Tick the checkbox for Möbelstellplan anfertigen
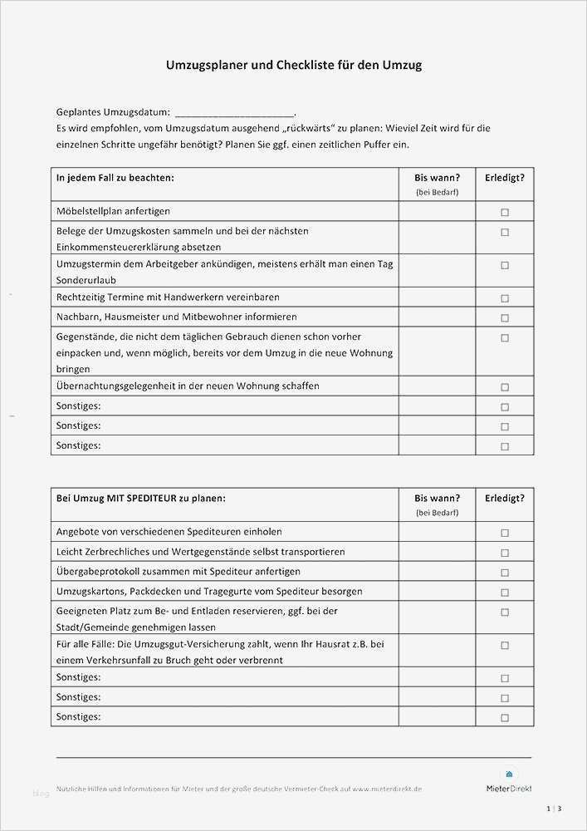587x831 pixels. tap(504, 212)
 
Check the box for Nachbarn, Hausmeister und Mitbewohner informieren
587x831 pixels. tap(504, 317)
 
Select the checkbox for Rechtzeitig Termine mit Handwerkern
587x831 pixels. tap(504, 297)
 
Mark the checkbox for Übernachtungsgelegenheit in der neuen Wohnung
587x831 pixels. tap(504, 386)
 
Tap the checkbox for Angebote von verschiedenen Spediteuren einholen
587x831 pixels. tap(504, 533)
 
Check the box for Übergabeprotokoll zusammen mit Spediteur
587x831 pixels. tap(504, 573)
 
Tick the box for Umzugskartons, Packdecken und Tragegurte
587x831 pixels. tap(504, 593)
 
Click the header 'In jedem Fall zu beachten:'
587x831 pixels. tap(115, 177)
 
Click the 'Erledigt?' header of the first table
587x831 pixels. tap(504, 177)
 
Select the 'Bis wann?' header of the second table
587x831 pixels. tap(437, 498)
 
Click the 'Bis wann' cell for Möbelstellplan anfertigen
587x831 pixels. tap(437, 212)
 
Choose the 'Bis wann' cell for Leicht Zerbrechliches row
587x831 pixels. tap(437, 553)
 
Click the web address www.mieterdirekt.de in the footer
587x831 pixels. tap(387, 789)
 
